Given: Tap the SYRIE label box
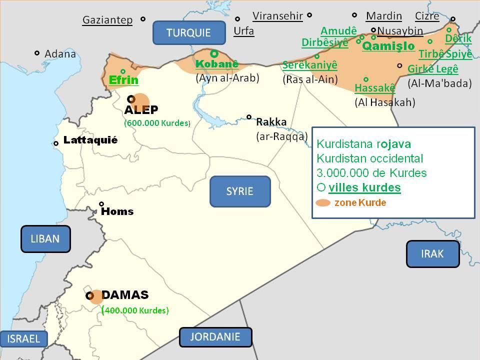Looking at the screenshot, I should (239, 191).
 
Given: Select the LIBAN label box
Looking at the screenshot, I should (45, 238).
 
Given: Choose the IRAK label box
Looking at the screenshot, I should (432, 253).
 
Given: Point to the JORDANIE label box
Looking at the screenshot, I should (215, 337).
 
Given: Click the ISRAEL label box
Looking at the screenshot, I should (23, 338).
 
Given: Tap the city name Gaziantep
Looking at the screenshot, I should (107, 20).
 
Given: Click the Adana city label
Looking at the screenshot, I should (60, 53).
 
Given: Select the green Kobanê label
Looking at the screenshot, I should (217, 64).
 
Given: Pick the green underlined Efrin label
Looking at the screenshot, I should (123, 80).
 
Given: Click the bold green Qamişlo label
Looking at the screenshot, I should (388, 46).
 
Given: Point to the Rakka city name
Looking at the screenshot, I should (271, 121).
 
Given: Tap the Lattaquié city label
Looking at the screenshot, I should (90, 140).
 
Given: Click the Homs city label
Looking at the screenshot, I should (117, 211).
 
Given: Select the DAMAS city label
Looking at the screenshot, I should (125, 295).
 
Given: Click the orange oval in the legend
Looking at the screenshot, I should (323, 203).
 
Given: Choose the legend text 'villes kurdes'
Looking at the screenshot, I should (364, 188).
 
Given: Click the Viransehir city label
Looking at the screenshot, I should (277, 16).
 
